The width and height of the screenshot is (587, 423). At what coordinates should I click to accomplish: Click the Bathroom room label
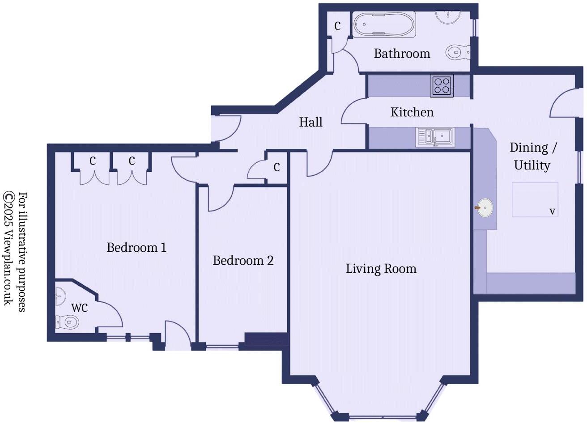coord(402,54)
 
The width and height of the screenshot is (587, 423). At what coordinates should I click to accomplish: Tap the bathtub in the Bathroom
coord(384,24)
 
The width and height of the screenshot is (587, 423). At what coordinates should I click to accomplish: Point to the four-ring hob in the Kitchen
coord(442,85)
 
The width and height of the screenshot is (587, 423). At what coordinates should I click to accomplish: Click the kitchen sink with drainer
coord(435,137)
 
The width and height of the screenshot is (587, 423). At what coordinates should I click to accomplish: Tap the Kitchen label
coord(412,112)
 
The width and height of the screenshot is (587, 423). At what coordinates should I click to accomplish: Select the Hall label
coord(311,122)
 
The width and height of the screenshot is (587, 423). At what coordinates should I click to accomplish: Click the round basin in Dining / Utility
coord(485,207)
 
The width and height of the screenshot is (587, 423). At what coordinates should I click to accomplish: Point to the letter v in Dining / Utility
coord(552,211)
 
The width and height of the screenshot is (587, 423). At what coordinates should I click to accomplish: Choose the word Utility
coord(532,165)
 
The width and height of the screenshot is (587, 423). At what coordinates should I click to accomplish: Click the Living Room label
coord(381,269)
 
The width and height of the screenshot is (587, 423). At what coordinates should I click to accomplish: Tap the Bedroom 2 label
coord(243,260)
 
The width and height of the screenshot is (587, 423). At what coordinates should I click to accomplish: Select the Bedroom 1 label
coord(136,247)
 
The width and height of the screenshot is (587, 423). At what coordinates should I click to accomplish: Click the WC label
coord(80,308)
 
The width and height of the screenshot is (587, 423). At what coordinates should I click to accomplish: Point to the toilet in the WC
coord(67,322)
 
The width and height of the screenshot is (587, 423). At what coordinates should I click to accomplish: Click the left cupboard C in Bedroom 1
coord(93,161)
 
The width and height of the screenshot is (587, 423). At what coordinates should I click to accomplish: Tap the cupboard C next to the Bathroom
coord(337,26)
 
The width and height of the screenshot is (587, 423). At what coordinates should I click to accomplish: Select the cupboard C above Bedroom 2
coord(277,167)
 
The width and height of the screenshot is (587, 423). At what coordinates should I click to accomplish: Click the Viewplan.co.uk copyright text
coord(9,249)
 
